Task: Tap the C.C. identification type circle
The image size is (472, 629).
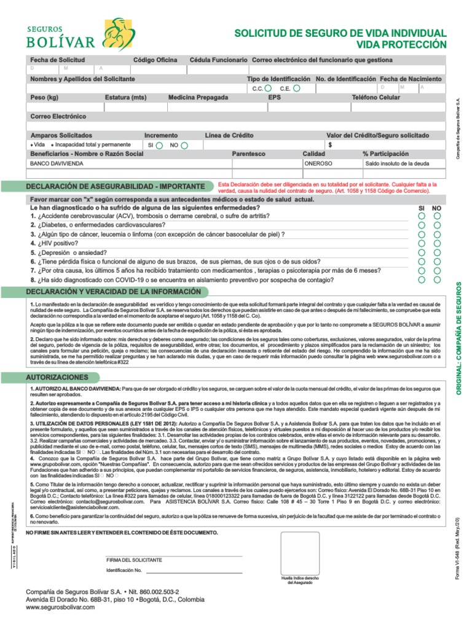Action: coord(269,88)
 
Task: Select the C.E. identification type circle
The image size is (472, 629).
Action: coord(296,88)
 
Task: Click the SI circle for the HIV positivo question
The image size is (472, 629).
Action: coord(422,243)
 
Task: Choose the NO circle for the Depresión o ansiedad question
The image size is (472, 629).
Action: coord(437,252)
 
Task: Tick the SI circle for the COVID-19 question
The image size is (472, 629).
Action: coord(422,279)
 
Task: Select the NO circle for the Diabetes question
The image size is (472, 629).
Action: coord(437,225)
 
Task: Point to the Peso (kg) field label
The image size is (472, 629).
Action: coord(45,98)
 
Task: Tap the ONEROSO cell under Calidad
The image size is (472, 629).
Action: coord(318,164)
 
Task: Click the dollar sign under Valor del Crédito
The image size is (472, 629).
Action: coord(331,145)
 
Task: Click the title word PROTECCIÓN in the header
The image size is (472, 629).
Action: coord(412,45)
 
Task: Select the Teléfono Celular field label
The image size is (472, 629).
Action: coord(376,98)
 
